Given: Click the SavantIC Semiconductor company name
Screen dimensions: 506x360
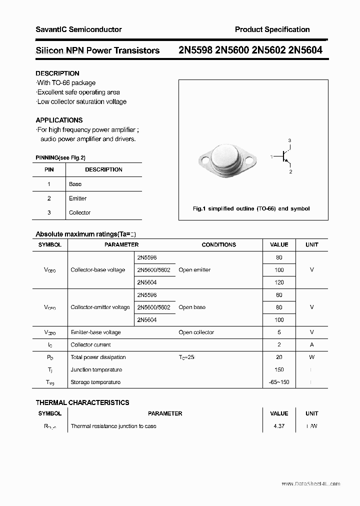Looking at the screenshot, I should coord(78,29).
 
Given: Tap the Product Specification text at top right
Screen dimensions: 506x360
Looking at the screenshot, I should coord(272,29).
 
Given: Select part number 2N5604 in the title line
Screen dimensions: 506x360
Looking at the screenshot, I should coord(305,50).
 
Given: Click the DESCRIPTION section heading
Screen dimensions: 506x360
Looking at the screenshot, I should coord(57,73).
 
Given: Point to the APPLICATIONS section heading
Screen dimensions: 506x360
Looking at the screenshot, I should coord(59,120).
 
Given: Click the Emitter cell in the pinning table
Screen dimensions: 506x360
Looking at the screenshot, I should coord(77,198).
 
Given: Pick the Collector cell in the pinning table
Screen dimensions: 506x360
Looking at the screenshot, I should coord(79,212).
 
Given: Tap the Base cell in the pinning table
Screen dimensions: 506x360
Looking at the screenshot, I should coord(75,184).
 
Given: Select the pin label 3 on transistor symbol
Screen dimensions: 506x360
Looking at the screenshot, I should coord(289,140).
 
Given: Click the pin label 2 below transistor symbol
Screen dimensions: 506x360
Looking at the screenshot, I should coord(290,171).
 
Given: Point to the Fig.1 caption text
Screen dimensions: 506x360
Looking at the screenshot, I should coord(251,208).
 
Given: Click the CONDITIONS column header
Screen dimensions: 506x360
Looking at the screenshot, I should coord(218,244).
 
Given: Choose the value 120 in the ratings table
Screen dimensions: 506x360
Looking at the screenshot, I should coord(279,282).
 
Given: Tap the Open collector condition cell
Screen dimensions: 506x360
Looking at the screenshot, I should coord(196,332).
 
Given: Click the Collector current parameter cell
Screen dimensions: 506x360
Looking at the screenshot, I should coord(91,344).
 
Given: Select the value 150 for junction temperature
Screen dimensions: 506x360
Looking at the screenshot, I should coord(279,369).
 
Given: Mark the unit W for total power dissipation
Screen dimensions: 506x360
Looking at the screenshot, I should coord(311,357).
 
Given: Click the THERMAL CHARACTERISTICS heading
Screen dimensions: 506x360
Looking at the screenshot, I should coord(82,402).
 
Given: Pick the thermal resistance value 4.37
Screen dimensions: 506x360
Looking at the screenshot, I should coord(279,426).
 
